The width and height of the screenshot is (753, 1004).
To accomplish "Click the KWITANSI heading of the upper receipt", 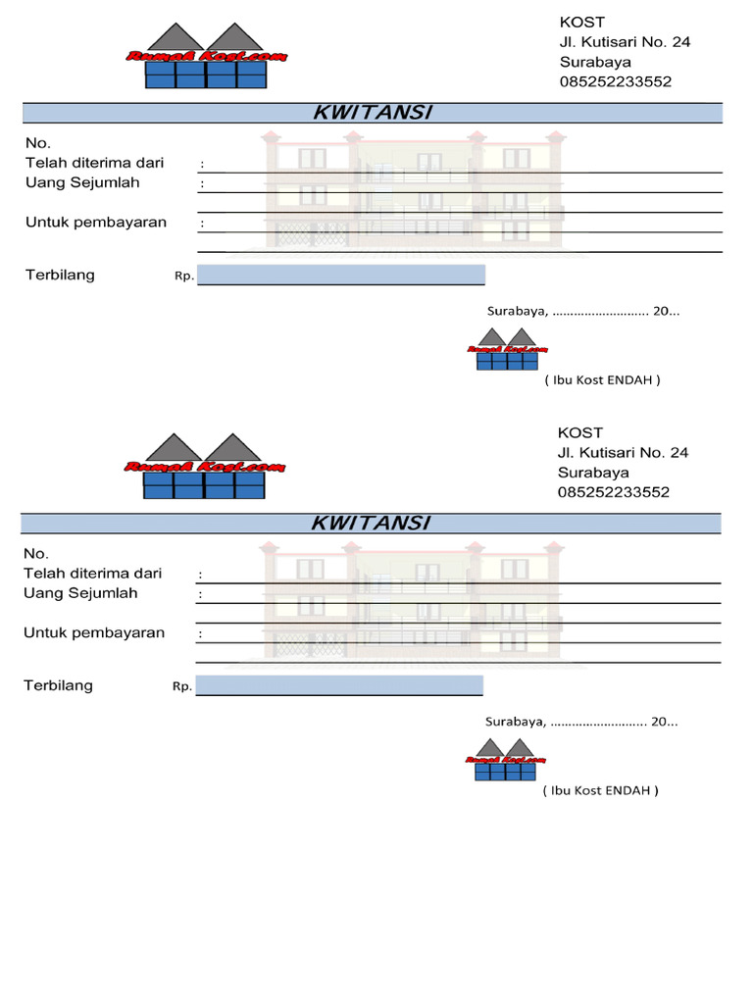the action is [374, 113].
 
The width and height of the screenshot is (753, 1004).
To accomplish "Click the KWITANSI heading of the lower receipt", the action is [372, 524].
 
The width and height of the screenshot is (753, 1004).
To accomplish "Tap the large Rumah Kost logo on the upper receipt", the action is [206, 56].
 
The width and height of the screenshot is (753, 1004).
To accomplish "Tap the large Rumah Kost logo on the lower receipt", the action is [204, 466].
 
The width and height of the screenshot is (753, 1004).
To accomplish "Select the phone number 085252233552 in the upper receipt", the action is [616, 82].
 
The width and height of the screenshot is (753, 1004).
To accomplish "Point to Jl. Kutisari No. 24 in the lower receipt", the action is [623, 453].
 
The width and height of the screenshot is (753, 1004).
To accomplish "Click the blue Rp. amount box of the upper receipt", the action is [340, 275].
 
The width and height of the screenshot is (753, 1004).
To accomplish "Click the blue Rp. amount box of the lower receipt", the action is [338, 685].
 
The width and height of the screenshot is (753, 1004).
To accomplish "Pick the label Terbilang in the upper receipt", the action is [60, 276].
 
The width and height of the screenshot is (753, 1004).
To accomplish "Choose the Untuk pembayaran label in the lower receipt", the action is [94, 633].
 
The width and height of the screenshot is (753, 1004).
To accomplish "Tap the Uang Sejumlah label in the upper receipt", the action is [82, 183].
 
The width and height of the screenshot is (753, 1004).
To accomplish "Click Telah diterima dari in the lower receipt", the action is [93, 573].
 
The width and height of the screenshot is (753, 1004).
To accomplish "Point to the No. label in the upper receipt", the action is [38, 143].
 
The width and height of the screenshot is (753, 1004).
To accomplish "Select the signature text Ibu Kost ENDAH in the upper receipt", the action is [603, 380].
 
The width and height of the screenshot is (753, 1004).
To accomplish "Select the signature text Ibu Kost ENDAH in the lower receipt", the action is [601, 791].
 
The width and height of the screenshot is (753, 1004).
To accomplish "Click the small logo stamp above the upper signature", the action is [507, 349].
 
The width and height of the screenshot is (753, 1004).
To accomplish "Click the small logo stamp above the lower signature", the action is [505, 760].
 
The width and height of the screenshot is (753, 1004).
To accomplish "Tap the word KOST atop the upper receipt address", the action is [582, 23].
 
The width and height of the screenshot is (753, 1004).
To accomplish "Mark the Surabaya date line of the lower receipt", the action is [581, 722].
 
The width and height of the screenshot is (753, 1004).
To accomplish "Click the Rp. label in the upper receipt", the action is [184, 276].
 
